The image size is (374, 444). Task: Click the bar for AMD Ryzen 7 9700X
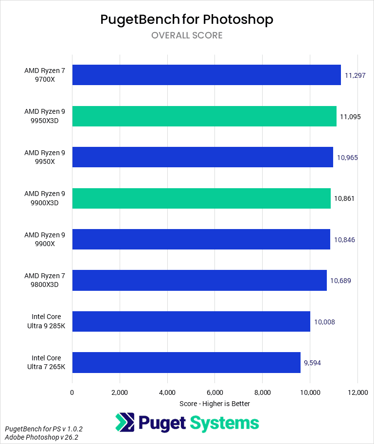tap(206, 75)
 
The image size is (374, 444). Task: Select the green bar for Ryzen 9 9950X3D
tap(204, 116)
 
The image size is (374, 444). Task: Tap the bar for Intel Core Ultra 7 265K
tap(186, 362)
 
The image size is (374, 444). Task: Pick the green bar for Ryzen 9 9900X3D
tap(201, 198)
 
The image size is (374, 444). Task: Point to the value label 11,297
tap(355, 75)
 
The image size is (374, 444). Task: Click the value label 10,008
tap(324, 322)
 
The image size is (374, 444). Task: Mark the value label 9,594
tap(312, 363)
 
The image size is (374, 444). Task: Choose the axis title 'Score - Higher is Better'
tap(214, 404)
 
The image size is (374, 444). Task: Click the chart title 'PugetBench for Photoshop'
tap(187, 19)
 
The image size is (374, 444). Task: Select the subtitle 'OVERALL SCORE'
tap(187, 36)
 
